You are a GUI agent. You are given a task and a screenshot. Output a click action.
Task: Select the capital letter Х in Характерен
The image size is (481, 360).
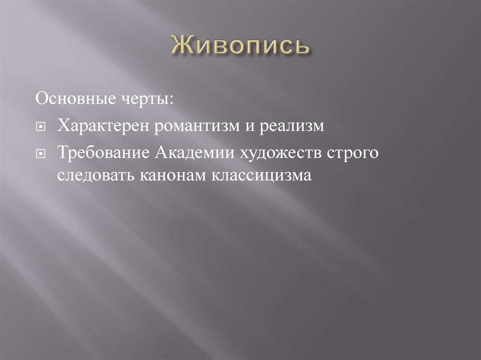click(62, 127)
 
